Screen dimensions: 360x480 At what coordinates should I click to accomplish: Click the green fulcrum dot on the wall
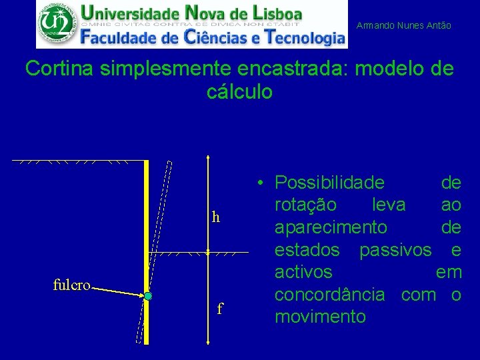148,295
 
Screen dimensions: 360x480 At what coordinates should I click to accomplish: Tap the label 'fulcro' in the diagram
71,285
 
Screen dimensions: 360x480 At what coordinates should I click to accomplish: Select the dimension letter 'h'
215,217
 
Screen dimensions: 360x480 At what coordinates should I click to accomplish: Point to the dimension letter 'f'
220,309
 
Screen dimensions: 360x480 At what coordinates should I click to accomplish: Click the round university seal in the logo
56,23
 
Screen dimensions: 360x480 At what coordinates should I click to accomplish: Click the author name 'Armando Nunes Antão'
404,25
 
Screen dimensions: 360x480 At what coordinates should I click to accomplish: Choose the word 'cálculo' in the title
240,92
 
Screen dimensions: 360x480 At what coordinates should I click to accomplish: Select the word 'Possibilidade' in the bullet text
329,182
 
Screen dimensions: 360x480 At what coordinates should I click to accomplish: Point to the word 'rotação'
306,205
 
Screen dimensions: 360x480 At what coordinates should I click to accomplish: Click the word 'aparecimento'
331,227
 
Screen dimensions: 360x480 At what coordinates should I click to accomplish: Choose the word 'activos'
304,272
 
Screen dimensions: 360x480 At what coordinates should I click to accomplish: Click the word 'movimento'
320,317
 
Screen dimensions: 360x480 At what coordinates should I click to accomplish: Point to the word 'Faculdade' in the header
123,37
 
